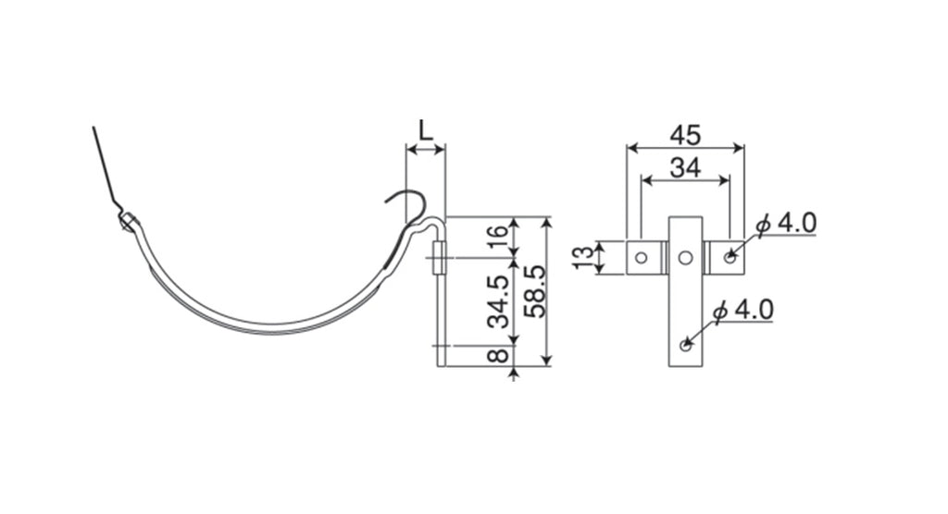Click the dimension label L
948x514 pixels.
click(x=426, y=130)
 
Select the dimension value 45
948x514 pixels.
click(x=686, y=135)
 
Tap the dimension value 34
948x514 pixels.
click(x=686, y=168)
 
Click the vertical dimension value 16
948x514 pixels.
click(x=498, y=238)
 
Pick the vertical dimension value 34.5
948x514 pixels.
click(x=498, y=301)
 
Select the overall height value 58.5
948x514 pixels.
click(x=535, y=291)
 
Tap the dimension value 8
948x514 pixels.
click(x=498, y=355)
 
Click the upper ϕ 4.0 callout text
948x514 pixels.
click(x=786, y=224)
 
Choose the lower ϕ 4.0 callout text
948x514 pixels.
click(x=743, y=311)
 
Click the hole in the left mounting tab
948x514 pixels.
click(x=642, y=258)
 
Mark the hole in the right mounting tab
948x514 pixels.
click(x=730, y=258)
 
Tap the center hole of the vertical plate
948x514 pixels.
click(x=685, y=258)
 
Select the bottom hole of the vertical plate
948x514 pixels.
click(x=685, y=346)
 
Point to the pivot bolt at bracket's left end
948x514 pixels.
click(x=128, y=222)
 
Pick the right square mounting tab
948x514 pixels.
click(x=727, y=258)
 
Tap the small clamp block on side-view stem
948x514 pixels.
click(x=440, y=259)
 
